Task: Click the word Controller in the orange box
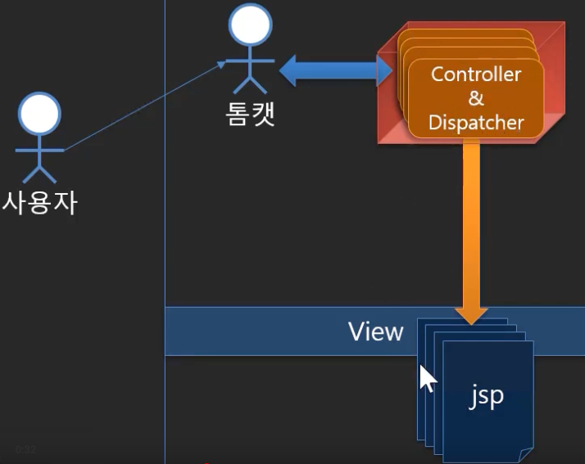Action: point(476,74)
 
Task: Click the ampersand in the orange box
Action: point(476,99)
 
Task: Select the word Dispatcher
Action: point(476,124)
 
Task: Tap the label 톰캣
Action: point(250,113)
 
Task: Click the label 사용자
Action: point(40,201)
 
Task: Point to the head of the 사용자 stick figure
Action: point(40,113)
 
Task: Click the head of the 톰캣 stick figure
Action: point(250,25)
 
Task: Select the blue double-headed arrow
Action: point(336,71)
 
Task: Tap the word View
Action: point(376,331)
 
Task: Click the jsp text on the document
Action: point(486,395)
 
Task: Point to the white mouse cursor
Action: point(427,379)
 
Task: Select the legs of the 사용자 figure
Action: point(40,172)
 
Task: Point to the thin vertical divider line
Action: point(165,246)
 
